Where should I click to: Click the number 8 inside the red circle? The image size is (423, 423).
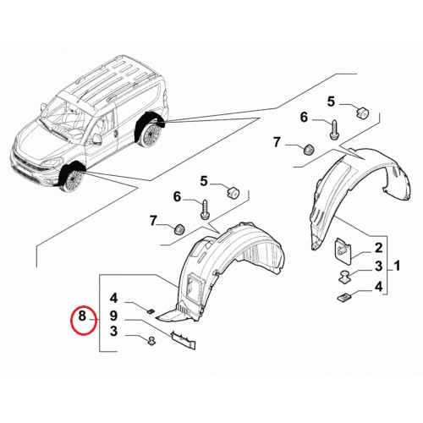[x=82, y=316]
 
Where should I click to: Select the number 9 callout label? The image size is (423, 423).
[x=113, y=316]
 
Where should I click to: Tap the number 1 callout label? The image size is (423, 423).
[x=397, y=266]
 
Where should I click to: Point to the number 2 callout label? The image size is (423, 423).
[x=378, y=248]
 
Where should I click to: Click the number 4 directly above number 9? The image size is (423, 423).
[x=113, y=298]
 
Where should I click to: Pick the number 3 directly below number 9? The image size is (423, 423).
[x=113, y=332]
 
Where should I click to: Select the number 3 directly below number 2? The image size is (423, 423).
[x=378, y=266]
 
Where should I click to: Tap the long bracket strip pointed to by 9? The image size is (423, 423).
[x=183, y=339]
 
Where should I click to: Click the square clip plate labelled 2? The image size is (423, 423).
[x=343, y=250]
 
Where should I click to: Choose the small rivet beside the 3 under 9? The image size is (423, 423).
[x=151, y=341]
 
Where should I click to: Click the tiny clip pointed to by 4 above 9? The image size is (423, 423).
[x=151, y=311]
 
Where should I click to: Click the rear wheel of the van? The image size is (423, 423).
[x=152, y=135]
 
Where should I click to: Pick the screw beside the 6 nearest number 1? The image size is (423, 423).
[x=333, y=129]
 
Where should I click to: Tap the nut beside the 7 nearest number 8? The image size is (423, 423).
[x=179, y=228]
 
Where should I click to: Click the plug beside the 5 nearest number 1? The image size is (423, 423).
[x=362, y=113]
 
